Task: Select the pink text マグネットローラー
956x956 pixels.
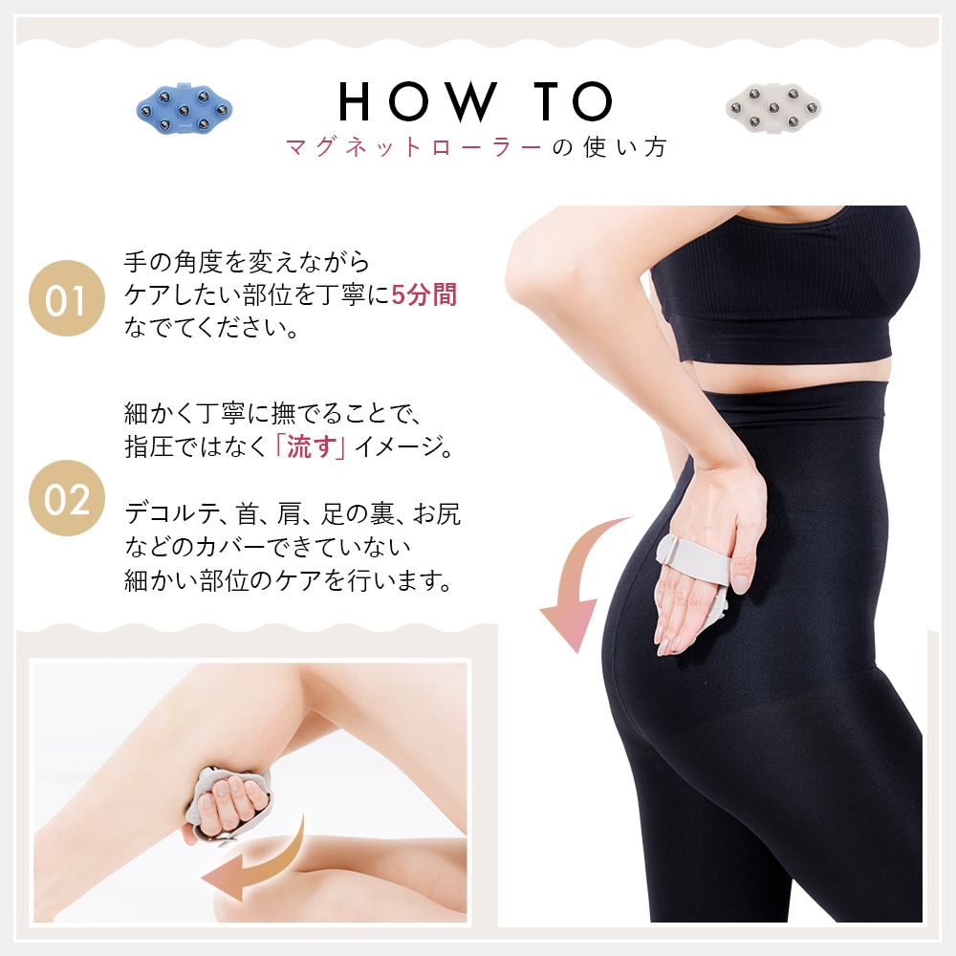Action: coord(415,147)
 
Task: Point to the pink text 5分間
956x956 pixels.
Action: coord(424,295)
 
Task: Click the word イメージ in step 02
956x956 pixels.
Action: coord(402,447)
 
